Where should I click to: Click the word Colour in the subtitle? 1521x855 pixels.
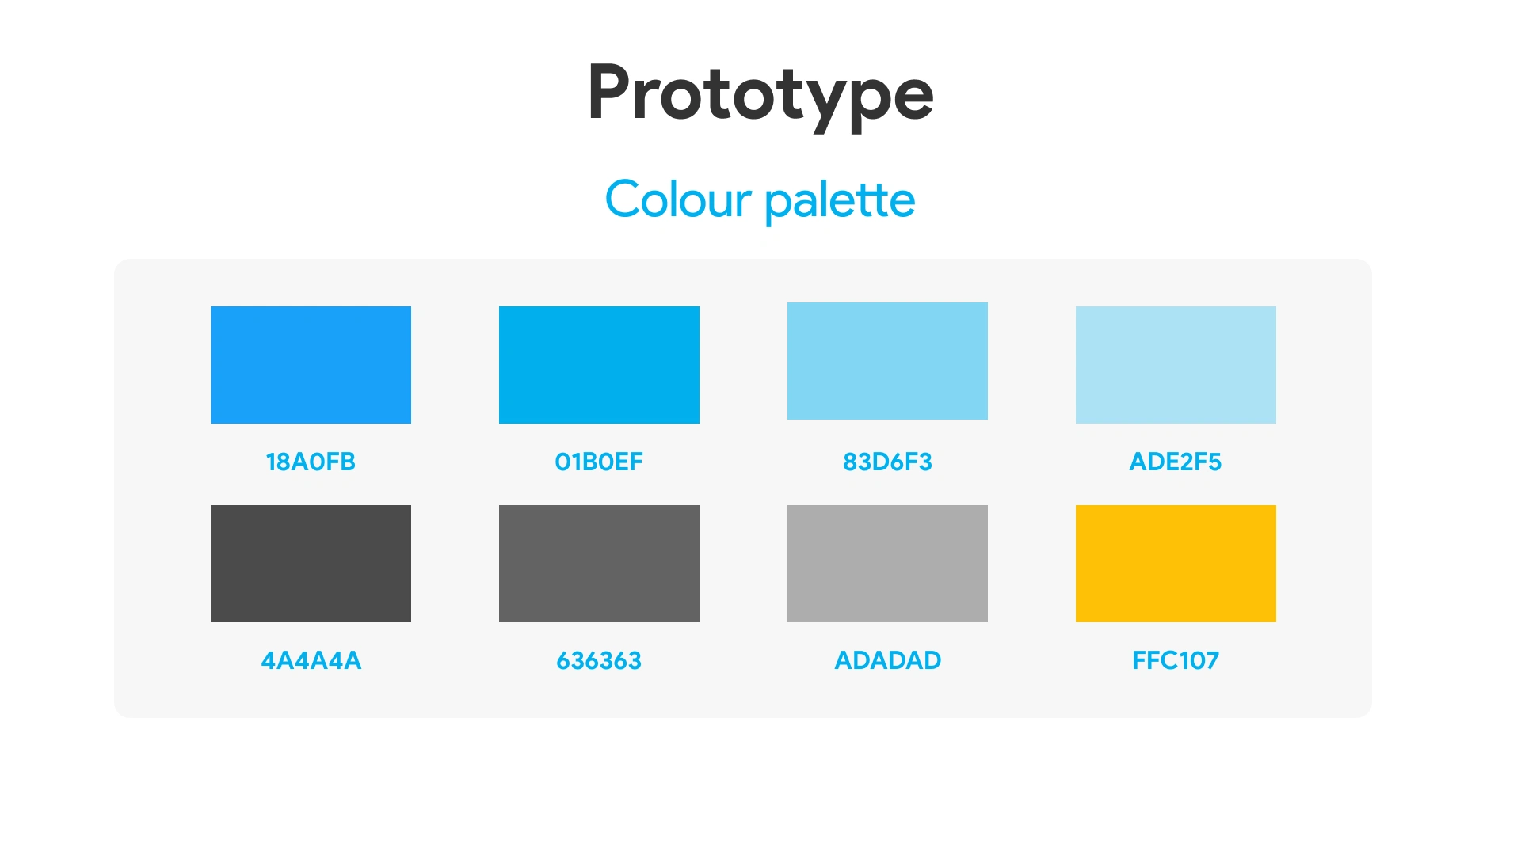point(678,199)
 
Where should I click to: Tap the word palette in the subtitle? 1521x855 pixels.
point(841,201)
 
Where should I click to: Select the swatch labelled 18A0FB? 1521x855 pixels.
point(311,365)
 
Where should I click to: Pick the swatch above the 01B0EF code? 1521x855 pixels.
point(599,365)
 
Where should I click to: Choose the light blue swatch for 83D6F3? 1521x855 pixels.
point(887,361)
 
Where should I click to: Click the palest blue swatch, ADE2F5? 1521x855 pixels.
point(1176,365)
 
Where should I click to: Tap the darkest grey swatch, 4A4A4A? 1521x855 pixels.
point(311,564)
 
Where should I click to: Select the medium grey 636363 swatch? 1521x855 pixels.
point(599,564)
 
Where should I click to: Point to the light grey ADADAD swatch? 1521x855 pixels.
point(887,564)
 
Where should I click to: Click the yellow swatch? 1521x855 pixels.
point(1176,564)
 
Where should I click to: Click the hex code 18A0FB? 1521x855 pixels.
point(311,462)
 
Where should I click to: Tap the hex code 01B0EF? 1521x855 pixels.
point(599,462)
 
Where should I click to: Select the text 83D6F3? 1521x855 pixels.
point(887,462)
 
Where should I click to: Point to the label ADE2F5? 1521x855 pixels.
point(1176,462)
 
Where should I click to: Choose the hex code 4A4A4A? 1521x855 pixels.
point(311,660)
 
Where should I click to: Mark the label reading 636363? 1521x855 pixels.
point(599,660)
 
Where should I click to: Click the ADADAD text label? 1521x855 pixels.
point(888,660)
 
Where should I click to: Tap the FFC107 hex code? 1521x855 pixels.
point(1176,660)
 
